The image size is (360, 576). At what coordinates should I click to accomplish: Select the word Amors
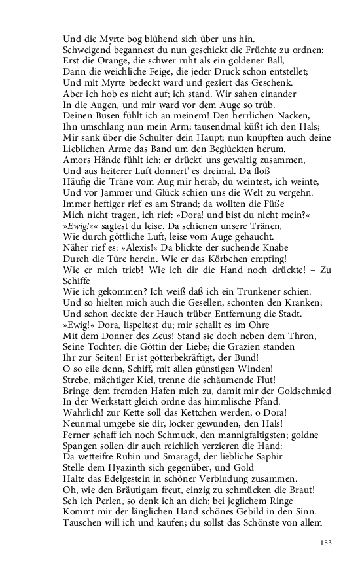coord(77,160)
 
